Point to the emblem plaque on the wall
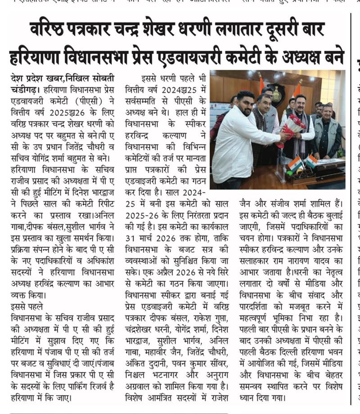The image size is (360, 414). pyautogui.click(x=275, y=94)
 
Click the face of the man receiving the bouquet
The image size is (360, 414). pyautogui.click(x=297, y=104)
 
